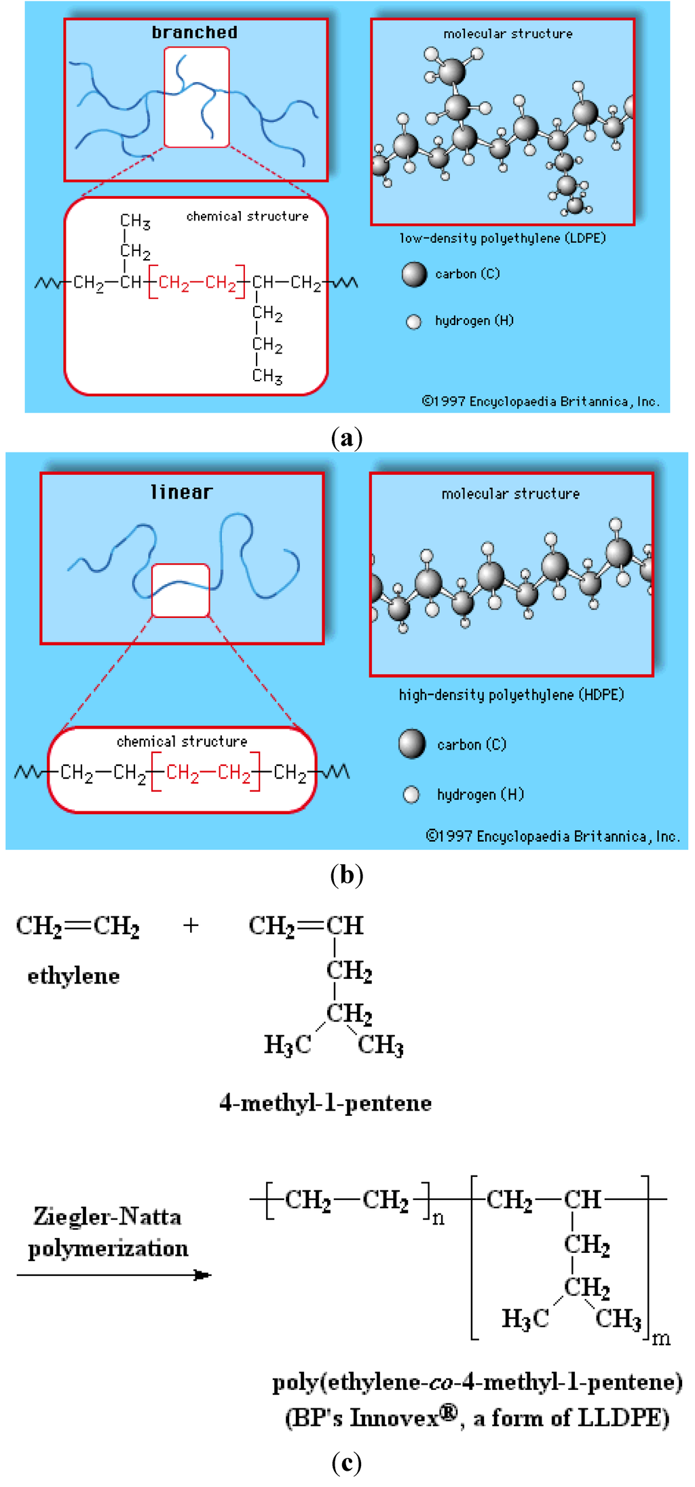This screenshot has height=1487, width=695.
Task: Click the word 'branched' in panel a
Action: (x=194, y=32)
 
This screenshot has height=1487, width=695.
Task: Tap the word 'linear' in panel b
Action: (x=181, y=492)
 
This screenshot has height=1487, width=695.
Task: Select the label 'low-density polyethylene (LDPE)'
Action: (x=502, y=238)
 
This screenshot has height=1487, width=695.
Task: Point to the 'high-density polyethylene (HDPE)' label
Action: (x=511, y=695)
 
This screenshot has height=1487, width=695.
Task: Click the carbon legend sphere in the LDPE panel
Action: (x=414, y=274)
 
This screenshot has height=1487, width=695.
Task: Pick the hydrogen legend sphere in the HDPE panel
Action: (x=411, y=794)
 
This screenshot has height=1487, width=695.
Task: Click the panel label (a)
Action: (x=347, y=438)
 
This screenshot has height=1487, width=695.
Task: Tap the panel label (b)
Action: (x=347, y=874)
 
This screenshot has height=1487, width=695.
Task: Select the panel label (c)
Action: (x=347, y=1463)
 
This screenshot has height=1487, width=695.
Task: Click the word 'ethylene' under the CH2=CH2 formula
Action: (x=73, y=976)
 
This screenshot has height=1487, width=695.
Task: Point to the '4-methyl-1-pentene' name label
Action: (x=325, y=1102)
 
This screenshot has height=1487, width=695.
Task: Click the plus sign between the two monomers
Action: (x=191, y=925)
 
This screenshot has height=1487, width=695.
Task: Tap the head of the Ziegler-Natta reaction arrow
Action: (x=203, y=1275)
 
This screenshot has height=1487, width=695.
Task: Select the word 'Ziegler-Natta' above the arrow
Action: (x=107, y=1216)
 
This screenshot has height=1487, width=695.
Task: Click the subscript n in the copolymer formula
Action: (x=438, y=1219)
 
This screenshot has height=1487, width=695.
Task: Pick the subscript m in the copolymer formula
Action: (x=661, y=1338)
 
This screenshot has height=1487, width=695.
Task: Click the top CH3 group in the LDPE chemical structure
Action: (x=135, y=221)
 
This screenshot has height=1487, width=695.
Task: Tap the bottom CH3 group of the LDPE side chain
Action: (x=267, y=376)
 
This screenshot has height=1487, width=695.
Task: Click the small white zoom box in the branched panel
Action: (x=196, y=97)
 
